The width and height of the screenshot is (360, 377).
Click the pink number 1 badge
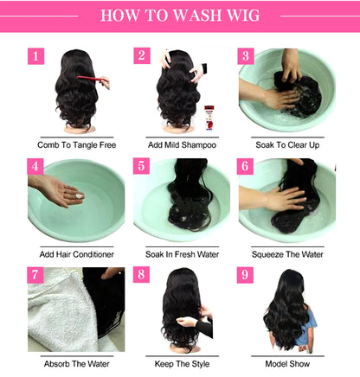[x=35, y=56]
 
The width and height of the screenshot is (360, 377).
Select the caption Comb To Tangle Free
[x=76, y=144]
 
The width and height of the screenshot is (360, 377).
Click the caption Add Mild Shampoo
[x=181, y=144]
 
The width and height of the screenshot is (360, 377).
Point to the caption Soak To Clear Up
[x=286, y=144]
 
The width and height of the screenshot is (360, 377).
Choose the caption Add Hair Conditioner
[x=76, y=254]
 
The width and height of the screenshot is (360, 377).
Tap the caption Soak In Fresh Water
[x=181, y=254]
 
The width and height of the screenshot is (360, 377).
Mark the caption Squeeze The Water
[x=286, y=254]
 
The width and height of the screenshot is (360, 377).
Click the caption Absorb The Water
[x=76, y=364]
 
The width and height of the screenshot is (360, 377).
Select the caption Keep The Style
[x=181, y=364]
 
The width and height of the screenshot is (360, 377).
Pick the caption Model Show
[x=286, y=364]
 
